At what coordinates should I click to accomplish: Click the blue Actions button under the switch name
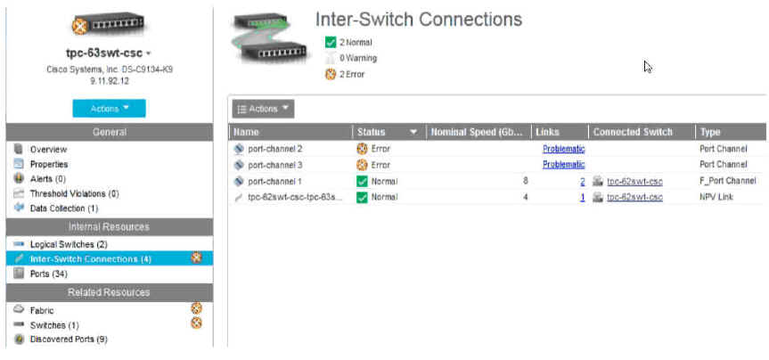point(109,108)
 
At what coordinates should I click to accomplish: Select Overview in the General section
point(49,150)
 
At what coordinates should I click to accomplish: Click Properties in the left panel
point(49,164)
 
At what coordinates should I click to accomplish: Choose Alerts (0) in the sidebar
point(48,178)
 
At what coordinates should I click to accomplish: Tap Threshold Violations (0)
point(75,193)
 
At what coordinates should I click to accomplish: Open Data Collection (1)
point(64,208)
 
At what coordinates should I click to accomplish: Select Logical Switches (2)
point(69,244)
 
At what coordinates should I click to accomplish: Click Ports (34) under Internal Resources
point(49,274)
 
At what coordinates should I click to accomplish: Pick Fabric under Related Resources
point(42,310)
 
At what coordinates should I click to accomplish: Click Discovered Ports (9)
point(69,340)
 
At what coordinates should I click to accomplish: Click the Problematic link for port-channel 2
point(563,149)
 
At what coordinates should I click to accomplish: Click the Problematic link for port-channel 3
point(563,165)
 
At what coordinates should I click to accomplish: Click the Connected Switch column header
point(633,132)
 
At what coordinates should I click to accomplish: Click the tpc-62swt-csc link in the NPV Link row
point(634,197)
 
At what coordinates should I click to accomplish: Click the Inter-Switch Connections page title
point(419,19)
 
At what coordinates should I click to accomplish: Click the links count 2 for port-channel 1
point(582,181)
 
